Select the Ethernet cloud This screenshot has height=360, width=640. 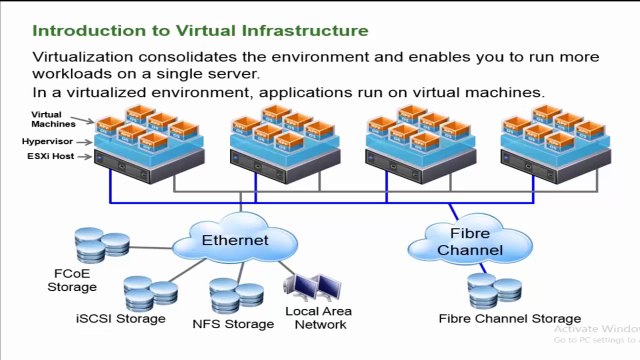click(x=235, y=241)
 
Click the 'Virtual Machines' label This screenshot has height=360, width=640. click(x=53, y=121)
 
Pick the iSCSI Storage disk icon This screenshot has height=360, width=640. click(x=151, y=291)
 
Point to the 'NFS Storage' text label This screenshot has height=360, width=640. click(x=233, y=324)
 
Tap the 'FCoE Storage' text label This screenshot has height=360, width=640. click(x=72, y=280)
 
